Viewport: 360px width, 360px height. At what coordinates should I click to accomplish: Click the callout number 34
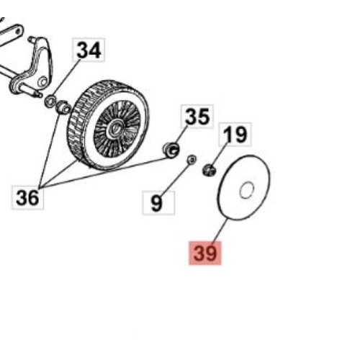[89, 50]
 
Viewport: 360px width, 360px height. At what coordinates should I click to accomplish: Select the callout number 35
[197, 117]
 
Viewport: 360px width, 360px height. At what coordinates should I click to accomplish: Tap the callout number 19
[235, 134]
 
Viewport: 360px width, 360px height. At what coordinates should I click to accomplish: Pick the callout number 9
[157, 203]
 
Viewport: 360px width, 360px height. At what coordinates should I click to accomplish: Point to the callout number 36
[27, 197]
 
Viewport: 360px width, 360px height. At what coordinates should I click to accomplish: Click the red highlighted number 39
[205, 253]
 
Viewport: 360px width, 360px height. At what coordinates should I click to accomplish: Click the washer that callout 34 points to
[50, 102]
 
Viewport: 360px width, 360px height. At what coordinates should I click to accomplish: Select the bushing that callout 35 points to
[171, 150]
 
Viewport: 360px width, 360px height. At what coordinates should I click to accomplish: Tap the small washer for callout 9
[192, 159]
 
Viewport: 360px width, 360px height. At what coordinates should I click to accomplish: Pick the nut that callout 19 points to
[210, 170]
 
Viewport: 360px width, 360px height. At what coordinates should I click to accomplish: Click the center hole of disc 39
[247, 190]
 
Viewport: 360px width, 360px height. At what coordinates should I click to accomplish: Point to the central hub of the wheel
[114, 128]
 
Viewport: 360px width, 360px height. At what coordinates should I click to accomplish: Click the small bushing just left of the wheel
[63, 107]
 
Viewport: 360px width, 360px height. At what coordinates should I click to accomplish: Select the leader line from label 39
[220, 231]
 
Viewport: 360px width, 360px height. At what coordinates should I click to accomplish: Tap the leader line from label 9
[176, 179]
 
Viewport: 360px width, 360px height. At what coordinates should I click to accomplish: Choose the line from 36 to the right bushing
[104, 173]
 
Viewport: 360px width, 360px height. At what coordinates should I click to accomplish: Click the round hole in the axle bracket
[43, 81]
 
